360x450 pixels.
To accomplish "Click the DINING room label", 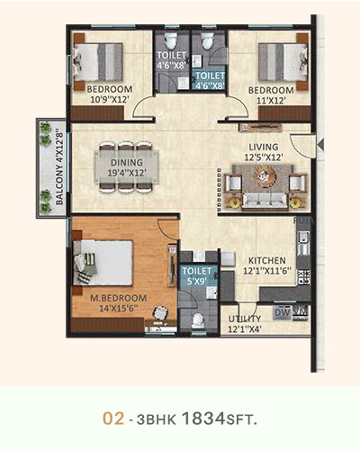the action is coord(127,163).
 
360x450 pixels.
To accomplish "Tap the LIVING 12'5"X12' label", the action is coord(264,152).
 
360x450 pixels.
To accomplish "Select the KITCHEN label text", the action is coord(267,260).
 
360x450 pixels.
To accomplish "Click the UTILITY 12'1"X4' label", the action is coord(245,324).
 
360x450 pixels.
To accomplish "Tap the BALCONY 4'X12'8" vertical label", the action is coord(59,166).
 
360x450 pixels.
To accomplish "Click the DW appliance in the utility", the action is coord(283,312).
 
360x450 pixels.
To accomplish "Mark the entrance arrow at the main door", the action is coord(320,145).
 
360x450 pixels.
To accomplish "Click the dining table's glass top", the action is coord(127,167).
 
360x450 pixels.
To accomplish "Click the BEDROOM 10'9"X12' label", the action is coord(110,94).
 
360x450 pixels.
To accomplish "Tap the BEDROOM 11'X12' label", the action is coord(271,95).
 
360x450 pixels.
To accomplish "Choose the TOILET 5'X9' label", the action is coord(197,276).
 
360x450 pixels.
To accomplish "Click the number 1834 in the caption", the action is coord(203,418).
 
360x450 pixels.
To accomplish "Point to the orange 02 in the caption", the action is coord(113,418).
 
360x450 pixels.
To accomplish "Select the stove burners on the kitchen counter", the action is coord(303,277).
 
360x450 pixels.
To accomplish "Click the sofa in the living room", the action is coord(265,200).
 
